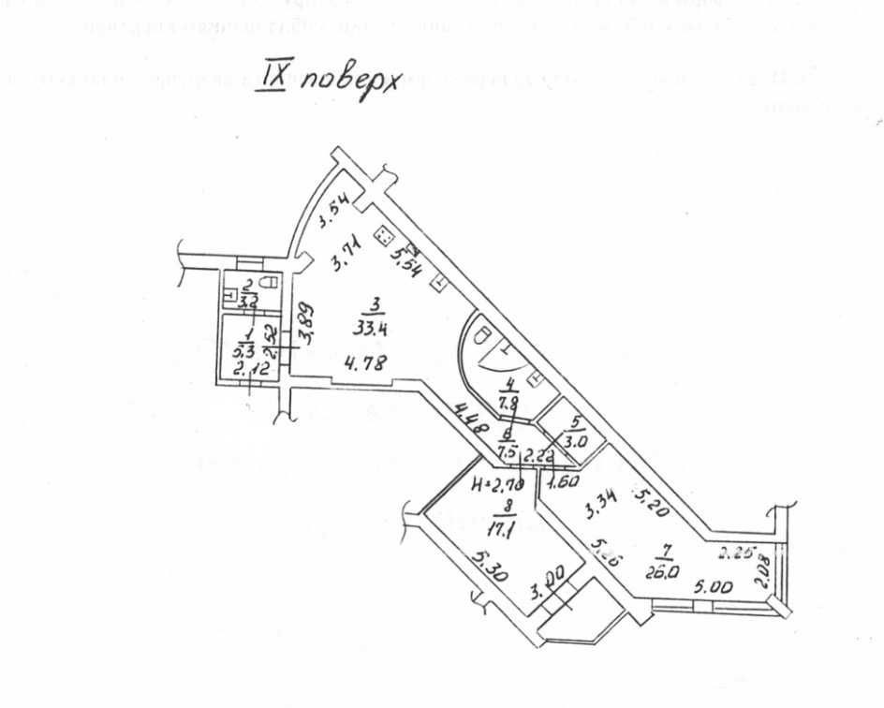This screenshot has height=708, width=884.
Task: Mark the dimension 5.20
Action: [x=652, y=507]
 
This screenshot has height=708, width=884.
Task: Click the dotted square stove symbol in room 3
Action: [x=383, y=238]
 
